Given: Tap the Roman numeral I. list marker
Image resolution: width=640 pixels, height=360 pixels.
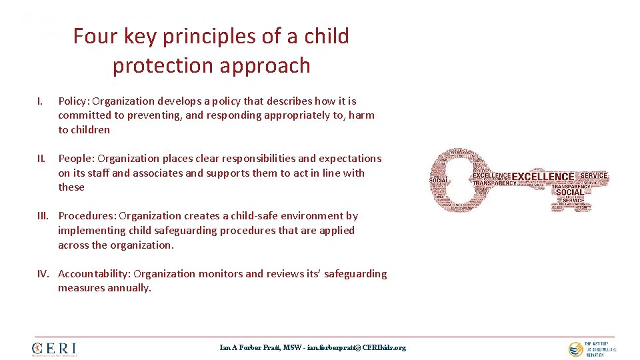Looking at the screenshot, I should click(40, 101).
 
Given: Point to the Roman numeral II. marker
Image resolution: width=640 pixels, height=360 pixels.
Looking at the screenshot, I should click(41, 159).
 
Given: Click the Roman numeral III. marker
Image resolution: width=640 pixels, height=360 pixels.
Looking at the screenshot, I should click(44, 216).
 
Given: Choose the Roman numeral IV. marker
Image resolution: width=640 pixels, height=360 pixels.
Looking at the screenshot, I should click(45, 274).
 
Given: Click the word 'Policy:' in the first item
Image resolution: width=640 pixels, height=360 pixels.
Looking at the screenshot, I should click(74, 101).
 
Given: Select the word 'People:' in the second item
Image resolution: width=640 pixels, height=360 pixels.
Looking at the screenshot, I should click(75, 159).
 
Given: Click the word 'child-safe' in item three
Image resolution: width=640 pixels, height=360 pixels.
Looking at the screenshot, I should click(227, 216).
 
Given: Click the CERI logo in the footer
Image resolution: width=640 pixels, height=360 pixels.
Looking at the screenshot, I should click(55, 349).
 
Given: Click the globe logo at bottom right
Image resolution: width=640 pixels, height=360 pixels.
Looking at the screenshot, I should click(575, 349).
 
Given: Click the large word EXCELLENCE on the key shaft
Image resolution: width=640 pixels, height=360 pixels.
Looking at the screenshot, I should click(543, 177).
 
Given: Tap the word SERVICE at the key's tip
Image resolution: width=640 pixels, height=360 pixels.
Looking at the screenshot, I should click(593, 176).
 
